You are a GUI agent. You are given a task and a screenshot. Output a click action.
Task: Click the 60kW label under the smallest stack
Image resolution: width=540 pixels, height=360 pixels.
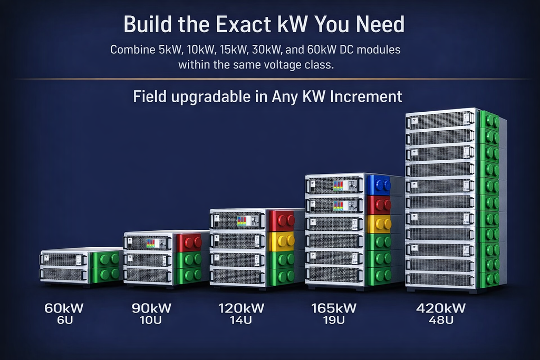(64, 308)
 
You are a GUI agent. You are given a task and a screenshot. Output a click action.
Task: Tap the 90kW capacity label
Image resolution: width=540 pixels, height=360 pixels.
(151, 308)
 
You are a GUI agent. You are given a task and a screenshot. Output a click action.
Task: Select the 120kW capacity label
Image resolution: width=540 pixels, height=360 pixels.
(241, 308)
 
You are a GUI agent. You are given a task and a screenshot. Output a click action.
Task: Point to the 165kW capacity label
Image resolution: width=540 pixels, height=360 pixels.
(334, 308)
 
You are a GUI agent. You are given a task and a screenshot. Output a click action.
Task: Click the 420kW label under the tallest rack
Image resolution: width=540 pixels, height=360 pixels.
(441, 308)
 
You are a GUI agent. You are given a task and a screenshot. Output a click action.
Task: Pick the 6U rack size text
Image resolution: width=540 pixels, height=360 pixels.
(65, 320)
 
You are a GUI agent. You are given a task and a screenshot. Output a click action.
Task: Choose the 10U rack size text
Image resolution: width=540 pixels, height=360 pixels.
(151, 320)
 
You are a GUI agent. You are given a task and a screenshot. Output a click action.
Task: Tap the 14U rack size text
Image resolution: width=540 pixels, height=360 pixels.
(240, 320)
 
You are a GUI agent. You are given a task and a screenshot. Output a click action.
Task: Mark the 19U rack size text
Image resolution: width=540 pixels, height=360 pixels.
(334, 320)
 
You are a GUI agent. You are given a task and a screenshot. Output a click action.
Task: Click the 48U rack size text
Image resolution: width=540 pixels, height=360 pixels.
(441, 320)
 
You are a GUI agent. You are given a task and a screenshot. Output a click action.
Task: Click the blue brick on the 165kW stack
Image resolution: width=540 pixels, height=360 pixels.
(378, 185)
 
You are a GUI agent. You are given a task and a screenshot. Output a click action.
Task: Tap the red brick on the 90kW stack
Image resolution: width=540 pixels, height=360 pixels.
(189, 242)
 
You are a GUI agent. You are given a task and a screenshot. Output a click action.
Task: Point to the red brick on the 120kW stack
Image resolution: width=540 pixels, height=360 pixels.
(282, 221)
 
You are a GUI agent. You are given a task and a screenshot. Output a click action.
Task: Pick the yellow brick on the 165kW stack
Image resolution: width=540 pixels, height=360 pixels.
(379, 224)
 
